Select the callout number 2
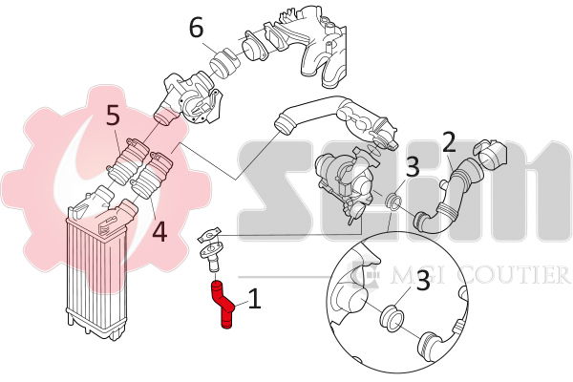449,144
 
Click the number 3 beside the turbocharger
412,167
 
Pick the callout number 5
112,117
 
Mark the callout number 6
196,28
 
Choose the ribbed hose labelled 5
128,159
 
